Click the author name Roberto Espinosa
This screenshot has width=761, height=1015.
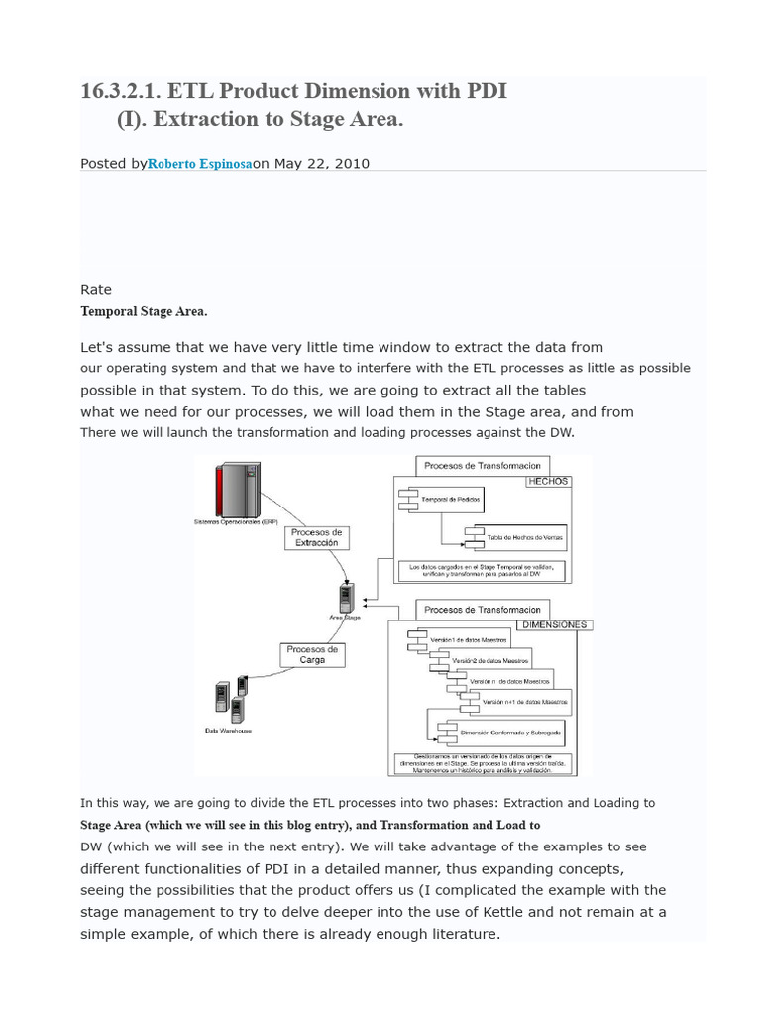[199, 164]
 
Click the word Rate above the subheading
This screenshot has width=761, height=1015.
[96, 290]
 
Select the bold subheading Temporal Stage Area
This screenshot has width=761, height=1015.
[144, 311]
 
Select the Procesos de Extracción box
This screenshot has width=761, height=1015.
[316, 538]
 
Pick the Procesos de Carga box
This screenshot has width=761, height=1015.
[312, 654]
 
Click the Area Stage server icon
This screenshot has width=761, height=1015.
[345, 598]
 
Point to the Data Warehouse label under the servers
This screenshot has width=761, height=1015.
[228, 731]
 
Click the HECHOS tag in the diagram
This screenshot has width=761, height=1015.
[548, 481]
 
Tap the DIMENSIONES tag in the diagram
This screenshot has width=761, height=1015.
[555, 625]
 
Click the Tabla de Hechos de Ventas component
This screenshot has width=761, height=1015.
[518, 537]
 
